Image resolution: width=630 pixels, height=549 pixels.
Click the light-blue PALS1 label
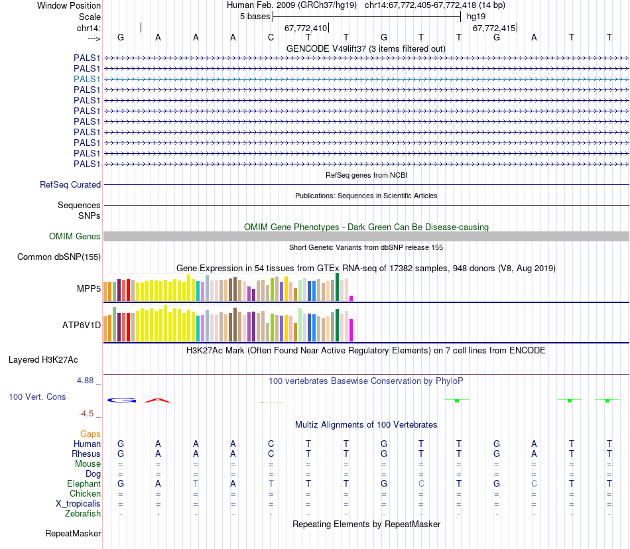(87, 79)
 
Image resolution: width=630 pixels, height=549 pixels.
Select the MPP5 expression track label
(88, 289)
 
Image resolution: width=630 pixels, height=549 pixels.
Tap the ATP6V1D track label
(82, 325)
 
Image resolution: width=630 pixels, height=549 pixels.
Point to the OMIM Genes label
(75, 237)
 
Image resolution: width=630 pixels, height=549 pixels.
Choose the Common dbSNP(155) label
(59, 257)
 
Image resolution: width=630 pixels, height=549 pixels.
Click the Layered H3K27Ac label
(43, 360)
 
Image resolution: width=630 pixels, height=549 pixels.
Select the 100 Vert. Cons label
(37, 396)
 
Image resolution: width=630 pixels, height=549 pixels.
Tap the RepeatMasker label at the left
(73, 533)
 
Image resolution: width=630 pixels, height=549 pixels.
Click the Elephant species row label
(84, 484)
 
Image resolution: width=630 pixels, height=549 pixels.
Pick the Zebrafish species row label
(83, 514)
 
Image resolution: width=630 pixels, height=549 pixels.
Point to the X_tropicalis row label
(78, 504)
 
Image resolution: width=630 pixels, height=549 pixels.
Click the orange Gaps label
(90, 434)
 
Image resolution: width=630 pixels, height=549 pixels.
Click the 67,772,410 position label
(306, 29)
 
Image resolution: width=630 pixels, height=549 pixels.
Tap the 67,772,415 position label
(493, 29)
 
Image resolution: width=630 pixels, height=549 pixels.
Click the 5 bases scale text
(255, 16)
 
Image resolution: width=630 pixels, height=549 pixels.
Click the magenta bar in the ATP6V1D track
(351, 330)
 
